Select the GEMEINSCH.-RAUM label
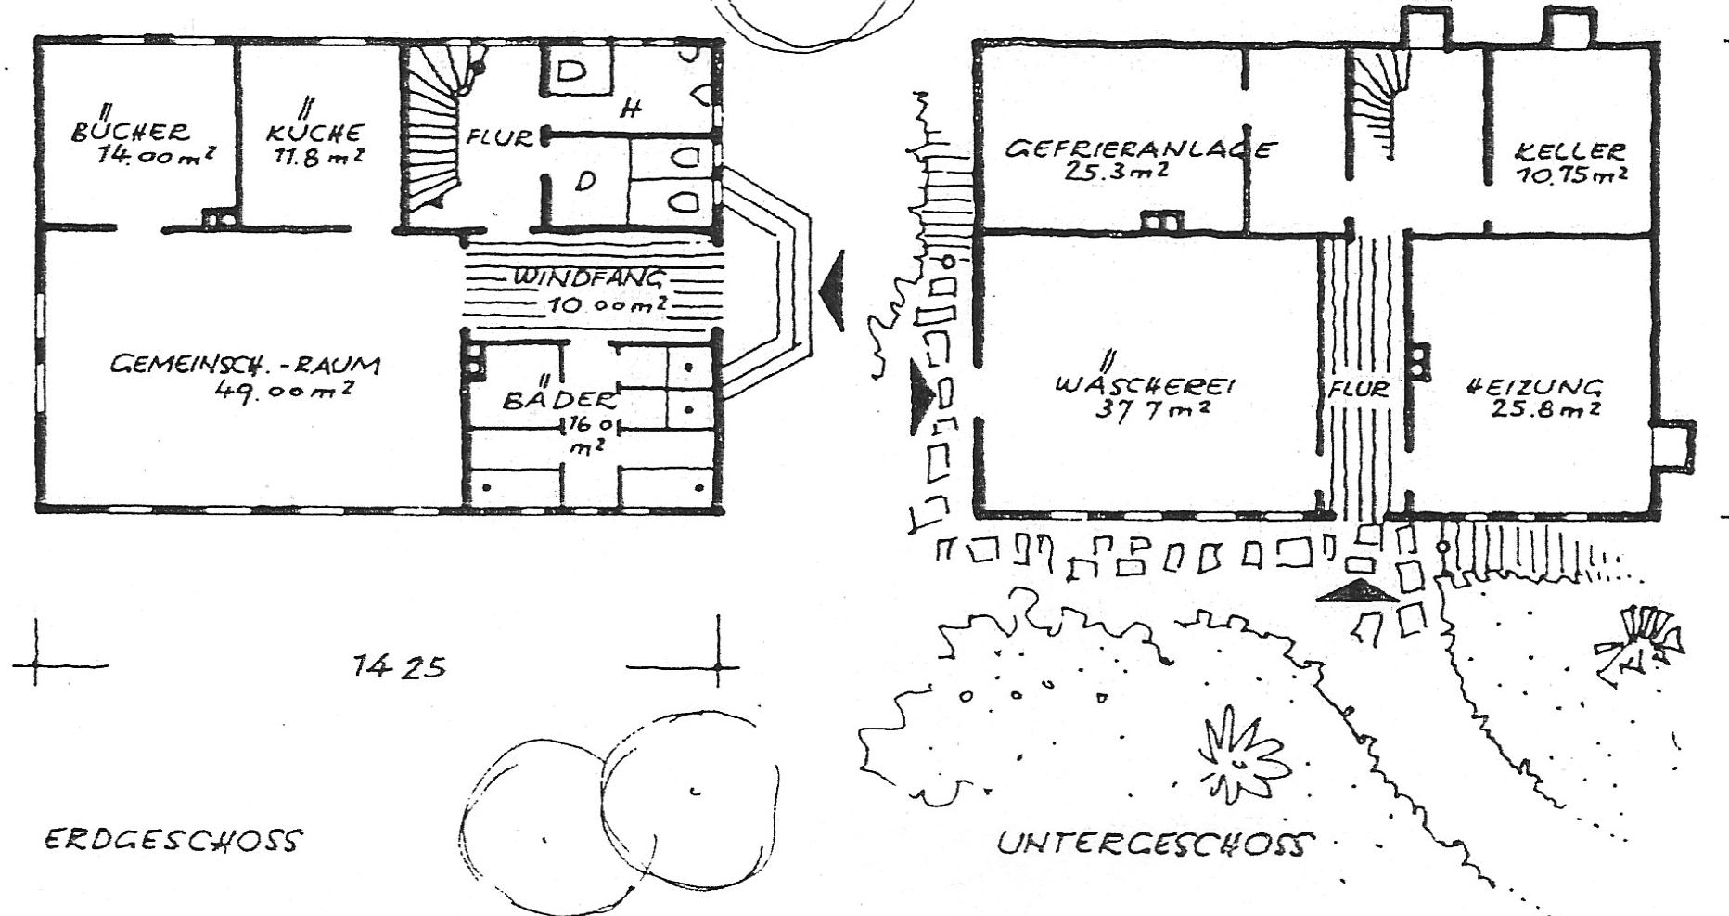245,364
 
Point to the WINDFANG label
590,277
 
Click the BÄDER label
558,399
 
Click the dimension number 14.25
400,666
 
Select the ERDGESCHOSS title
173,841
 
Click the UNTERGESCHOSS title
1156,844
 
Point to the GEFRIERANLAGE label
1141,148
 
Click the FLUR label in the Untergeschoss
1358,389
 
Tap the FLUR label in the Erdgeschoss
500,138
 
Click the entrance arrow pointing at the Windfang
832,290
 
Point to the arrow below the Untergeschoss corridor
1356,591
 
